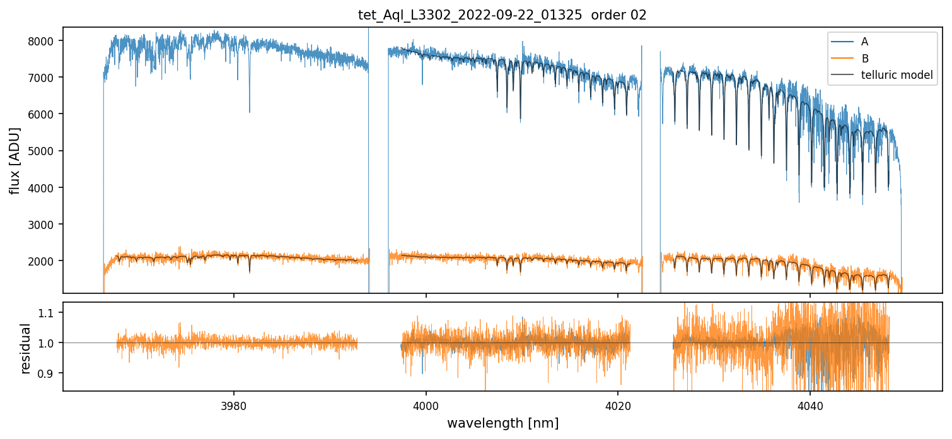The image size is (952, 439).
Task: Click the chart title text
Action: click(x=502, y=15)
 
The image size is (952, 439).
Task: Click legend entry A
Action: click(x=864, y=42)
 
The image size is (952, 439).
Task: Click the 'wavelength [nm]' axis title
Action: click(x=502, y=423)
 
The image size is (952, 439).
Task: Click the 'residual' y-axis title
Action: click(x=25, y=348)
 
